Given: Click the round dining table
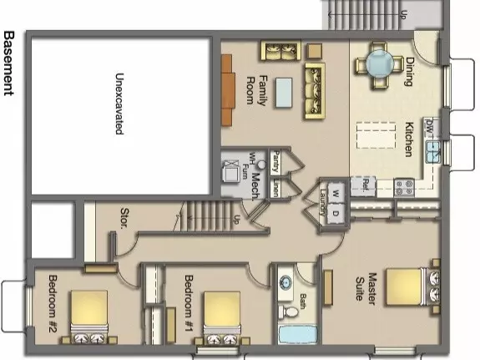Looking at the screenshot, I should tap(376, 63).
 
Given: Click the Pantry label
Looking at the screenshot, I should tap(275, 160).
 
